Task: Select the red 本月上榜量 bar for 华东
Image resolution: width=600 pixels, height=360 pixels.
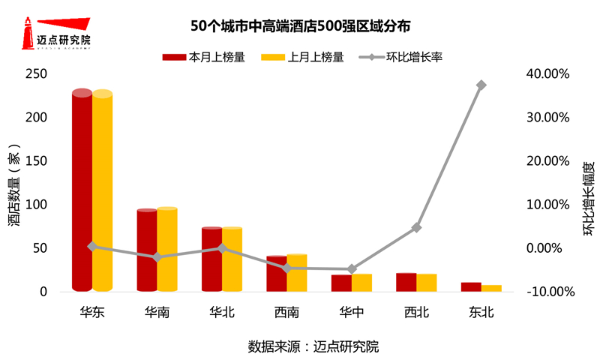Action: click(x=82, y=191)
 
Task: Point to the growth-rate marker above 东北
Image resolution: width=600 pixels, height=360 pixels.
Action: click(x=481, y=85)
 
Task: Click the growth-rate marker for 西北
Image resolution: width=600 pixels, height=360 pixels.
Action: click(x=416, y=227)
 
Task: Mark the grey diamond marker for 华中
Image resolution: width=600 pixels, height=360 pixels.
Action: click(x=352, y=268)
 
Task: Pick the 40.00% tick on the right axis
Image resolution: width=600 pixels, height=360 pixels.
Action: click(x=549, y=73)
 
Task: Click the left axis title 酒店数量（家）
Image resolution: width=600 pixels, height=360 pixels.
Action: click(x=15, y=184)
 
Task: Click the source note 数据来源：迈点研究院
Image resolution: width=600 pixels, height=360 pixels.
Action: click(x=313, y=346)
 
